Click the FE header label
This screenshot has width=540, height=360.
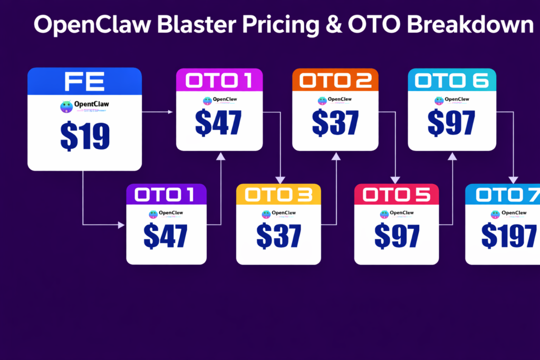coord(84,82)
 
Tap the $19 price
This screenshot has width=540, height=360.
coord(84,136)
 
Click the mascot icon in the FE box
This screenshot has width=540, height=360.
coord(66,107)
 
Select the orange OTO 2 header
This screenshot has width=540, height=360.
coord(335,81)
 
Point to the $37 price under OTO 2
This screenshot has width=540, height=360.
coord(335,123)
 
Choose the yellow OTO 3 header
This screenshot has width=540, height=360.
coord(278,195)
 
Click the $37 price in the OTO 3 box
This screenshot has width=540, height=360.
coord(278,236)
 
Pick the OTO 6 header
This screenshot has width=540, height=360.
coord(452,81)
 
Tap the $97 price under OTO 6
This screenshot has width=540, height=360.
coord(452,123)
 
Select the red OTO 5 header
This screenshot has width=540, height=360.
coord(397,195)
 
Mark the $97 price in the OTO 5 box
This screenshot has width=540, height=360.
coord(397,236)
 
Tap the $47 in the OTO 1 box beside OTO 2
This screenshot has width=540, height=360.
coord(219,123)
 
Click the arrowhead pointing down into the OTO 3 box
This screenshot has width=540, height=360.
coord(280,179)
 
